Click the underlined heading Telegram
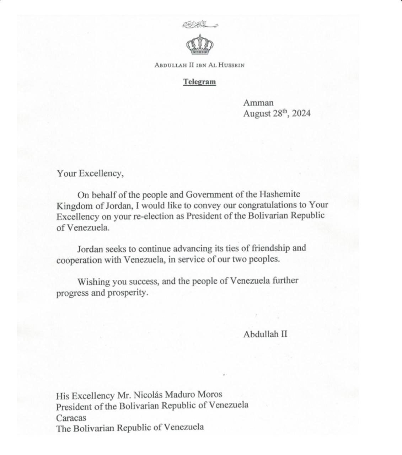coord(199,82)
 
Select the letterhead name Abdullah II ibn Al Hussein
coord(199,65)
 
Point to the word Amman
coord(258,103)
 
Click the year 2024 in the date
coord(301,114)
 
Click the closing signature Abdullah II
coord(265,334)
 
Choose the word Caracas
coord(71,417)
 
